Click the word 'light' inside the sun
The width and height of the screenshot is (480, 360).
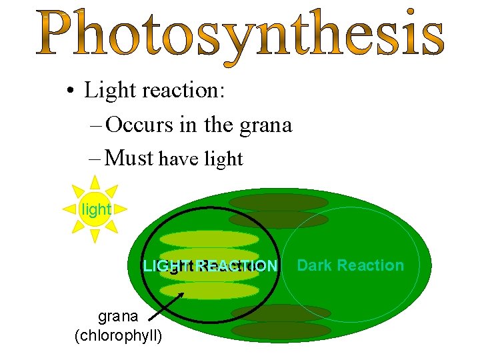[96, 209]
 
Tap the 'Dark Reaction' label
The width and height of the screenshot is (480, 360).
[350, 265]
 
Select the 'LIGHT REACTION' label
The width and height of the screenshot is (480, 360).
[210, 267]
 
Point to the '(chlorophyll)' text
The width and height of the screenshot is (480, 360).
[119, 335]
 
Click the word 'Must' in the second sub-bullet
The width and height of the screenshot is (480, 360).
[130, 158]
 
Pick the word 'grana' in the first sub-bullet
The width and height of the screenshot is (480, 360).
[262, 125]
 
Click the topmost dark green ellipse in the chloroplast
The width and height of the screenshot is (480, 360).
[278, 201]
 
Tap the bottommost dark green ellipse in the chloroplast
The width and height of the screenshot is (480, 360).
[281, 330]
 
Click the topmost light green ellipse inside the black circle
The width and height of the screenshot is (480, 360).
[209, 239]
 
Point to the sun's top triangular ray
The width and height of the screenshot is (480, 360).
[95, 182]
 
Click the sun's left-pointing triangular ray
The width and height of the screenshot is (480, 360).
[69, 209]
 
